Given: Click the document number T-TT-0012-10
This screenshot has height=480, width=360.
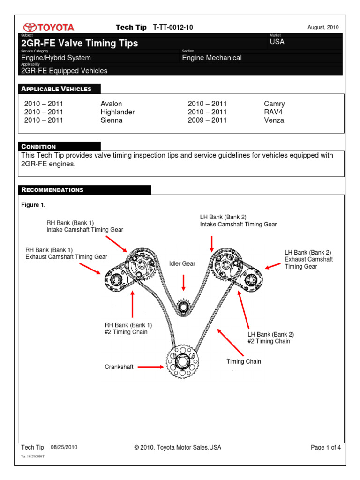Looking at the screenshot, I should click(173, 28).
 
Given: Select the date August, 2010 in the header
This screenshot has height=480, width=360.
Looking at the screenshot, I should click(323, 28).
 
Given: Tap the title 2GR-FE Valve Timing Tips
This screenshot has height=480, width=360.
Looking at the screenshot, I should click(80, 44).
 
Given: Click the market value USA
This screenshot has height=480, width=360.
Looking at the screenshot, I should click(277, 42).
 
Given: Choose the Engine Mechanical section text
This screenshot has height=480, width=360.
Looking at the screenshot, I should click(212, 58).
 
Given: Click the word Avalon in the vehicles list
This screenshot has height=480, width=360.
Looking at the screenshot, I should click(111, 104).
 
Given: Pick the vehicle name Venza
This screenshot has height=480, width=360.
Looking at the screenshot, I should click(274, 120).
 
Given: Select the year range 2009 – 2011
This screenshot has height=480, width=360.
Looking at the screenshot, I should click(207, 120).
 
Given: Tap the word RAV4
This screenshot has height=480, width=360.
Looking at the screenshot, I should click(274, 112).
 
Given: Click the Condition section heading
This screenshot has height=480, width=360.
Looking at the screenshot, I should click(39, 147).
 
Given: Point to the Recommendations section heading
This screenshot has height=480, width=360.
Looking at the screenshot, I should click(52, 190).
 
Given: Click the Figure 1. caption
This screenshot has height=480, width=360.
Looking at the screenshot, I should click(34, 205).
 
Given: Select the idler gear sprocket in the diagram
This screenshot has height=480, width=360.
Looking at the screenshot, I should click(183, 307).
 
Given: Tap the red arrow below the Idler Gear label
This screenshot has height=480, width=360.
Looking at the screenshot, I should click(183, 282).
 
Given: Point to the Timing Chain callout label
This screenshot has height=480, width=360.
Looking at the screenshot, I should click(244, 361).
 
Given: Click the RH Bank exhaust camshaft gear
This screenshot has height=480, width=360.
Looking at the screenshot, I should click(115, 280).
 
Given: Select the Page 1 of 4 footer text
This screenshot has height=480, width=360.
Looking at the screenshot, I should click(326, 447).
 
